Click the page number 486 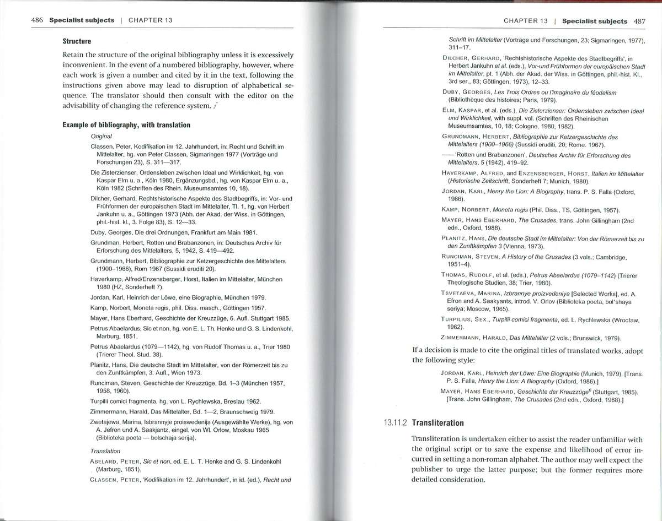tap(37, 20)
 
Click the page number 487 tap(639, 21)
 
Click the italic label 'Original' tap(102, 135)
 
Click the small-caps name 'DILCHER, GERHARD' tap(474, 57)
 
